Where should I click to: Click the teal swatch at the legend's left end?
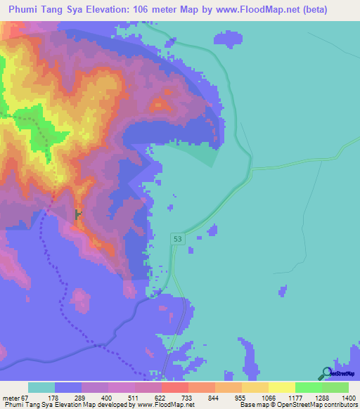tap(41, 387)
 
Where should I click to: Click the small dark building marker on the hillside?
tap(77, 214)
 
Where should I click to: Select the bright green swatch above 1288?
tap(308, 387)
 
